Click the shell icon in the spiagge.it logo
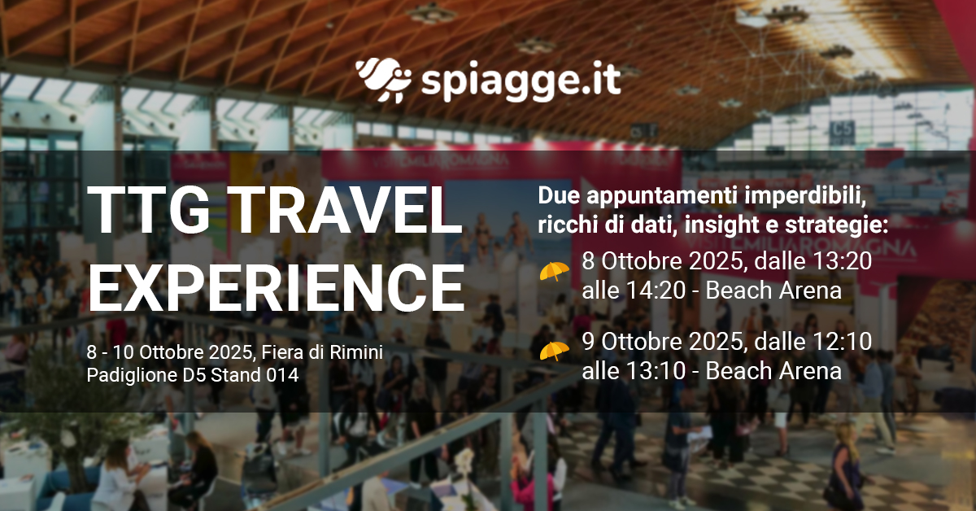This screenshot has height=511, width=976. pyautogui.click(x=383, y=81)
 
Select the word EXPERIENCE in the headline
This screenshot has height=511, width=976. pyautogui.click(x=277, y=287)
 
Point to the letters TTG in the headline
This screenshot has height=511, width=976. pyautogui.click(x=149, y=211)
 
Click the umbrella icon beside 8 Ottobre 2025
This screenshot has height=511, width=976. pyautogui.click(x=554, y=272)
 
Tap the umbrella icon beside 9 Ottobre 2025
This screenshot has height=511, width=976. pyautogui.click(x=554, y=351)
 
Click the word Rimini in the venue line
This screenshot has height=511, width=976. pyautogui.click(x=356, y=352)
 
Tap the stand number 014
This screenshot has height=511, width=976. pyautogui.click(x=282, y=375)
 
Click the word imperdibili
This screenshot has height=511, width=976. pyautogui.click(x=804, y=196)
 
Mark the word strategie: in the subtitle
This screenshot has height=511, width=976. pyautogui.click(x=836, y=225)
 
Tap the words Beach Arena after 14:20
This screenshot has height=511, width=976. pyautogui.click(x=773, y=290)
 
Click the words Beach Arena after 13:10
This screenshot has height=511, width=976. pyautogui.click(x=773, y=370)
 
